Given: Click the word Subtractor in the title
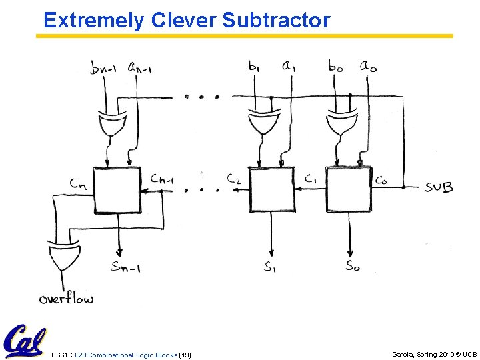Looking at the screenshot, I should point(276,20).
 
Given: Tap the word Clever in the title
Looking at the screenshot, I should point(184,20).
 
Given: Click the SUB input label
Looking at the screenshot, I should point(439,187).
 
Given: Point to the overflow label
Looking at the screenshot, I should point(66,298).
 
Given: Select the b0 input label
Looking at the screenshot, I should point(337,66).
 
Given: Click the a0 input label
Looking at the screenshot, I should point(369,65).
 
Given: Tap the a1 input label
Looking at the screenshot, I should point(289,65).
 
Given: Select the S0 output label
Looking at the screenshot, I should point(353,266).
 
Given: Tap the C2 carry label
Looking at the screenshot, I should point(233,179).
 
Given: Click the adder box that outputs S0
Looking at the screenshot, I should point(347,189).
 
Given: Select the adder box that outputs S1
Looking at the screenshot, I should point(270,189).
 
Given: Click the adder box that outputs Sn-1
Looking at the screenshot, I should point(117,190).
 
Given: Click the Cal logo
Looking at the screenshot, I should point(25,341).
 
